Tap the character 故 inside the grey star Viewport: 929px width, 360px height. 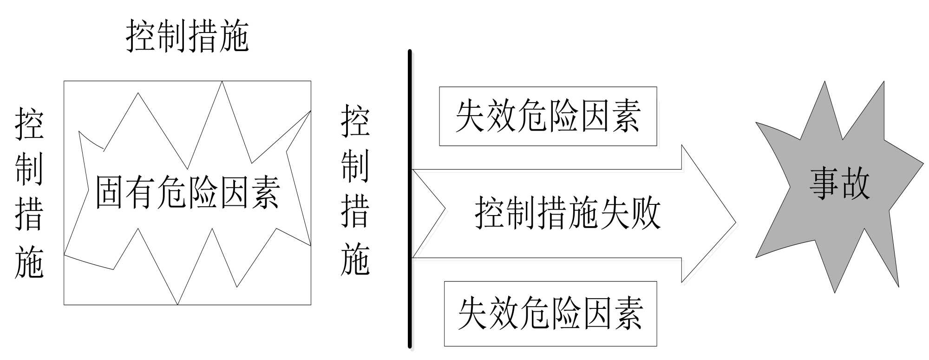point(854,184)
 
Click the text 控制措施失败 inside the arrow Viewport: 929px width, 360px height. point(568,213)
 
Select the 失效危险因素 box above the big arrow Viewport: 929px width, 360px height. point(548,116)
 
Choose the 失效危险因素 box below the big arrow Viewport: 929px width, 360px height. point(550,314)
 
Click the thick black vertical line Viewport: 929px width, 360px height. point(410,200)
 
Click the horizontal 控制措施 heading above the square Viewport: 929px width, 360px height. point(187,36)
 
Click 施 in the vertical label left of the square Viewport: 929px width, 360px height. point(29,262)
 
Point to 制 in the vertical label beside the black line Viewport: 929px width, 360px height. point(355,166)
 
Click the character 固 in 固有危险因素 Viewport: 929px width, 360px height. point(110,192)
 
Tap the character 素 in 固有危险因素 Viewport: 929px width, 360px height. point(264,192)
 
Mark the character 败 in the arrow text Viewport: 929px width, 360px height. point(646,213)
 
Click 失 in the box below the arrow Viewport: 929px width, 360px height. point(473,314)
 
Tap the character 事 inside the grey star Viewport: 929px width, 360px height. point(824,184)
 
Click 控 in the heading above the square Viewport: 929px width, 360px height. point(141,36)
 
